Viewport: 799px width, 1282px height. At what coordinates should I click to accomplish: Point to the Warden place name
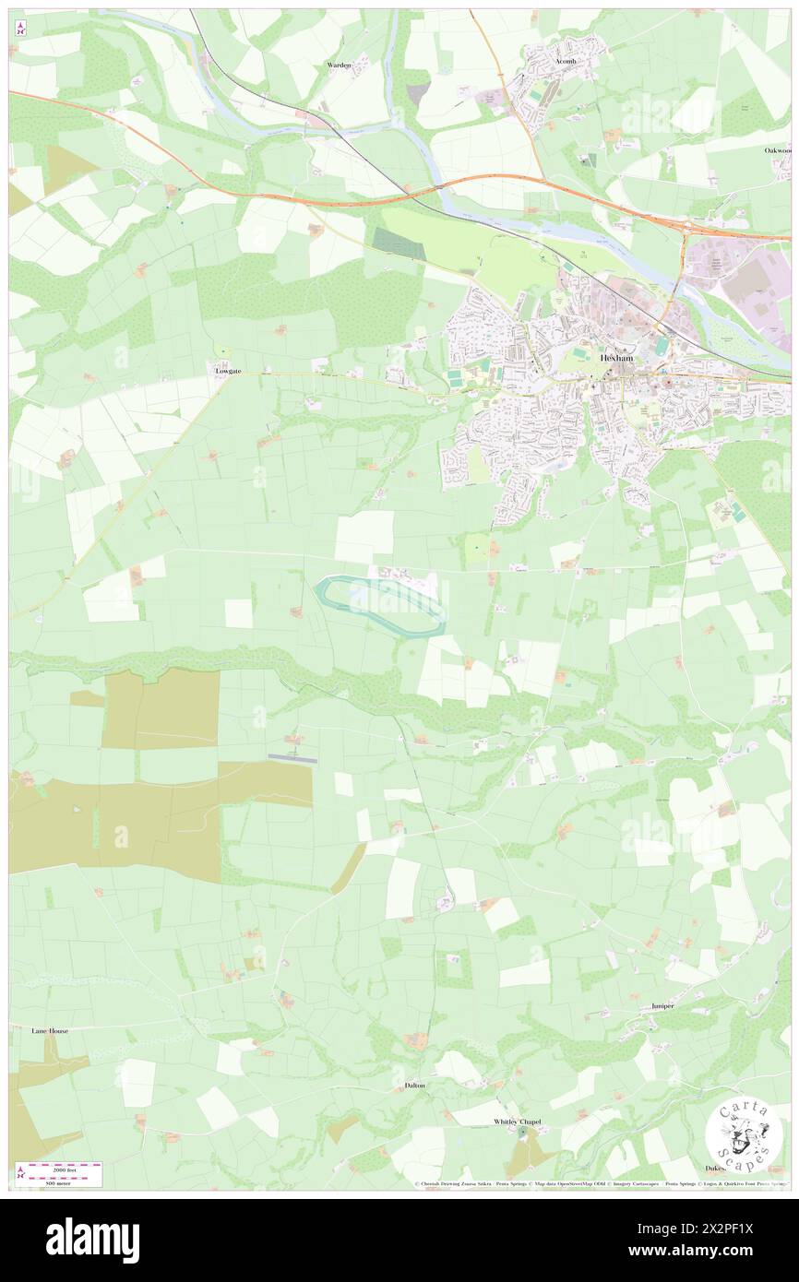coord(339,65)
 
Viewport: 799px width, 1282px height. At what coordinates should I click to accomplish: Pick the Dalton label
coord(415,1086)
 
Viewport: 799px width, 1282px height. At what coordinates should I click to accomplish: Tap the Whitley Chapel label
coord(516,1122)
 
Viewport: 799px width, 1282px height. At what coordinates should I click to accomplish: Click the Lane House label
coord(50,1030)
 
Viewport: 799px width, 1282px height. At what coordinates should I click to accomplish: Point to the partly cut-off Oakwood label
coord(777,149)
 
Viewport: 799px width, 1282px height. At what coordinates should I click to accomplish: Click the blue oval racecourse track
coord(380,604)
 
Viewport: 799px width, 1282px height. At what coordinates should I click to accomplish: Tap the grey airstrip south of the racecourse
coord(292,759)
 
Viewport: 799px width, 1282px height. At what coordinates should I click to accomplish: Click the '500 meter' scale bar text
coord(65,1181)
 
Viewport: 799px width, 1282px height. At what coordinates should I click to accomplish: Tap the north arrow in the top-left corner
coord(19,28)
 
